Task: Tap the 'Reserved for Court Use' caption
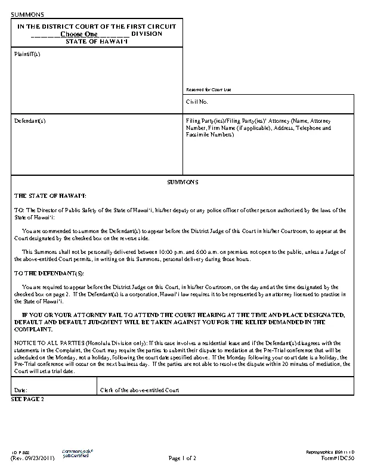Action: point(208,89)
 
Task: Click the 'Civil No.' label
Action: point(196,103)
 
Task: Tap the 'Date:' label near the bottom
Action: point(20,390)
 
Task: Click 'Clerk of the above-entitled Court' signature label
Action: point(139,390)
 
